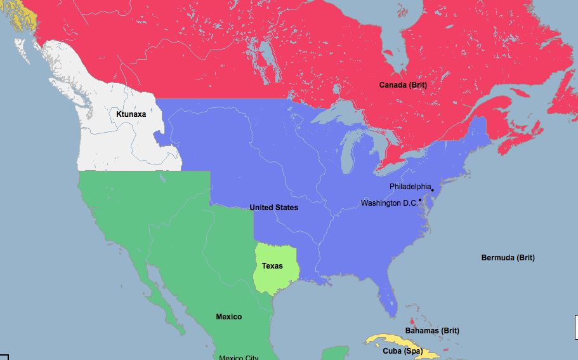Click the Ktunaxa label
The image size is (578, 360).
pyautogui.click(x=131, y=114)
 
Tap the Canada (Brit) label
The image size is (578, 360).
pyautogui.click(x=403, y=84)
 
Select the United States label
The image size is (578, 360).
pyautogui.click(x=273, y=208)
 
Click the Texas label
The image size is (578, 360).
pyautogui.click(x=272, y=265)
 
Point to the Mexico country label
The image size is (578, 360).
pyautogui.click(x=228, y=316)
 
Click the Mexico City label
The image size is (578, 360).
pyautogui.click(x=239, y=357)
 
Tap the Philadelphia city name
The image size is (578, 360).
pyautogui.click(x=410, y=187)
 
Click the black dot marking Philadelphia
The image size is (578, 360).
pyautogui.click(x=432, y=190)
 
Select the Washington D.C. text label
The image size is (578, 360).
pyautogui.click(x=390, y=203)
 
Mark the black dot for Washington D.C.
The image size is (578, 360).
pyautogui.click(x=420, y=200)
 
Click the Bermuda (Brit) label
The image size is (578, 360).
pyautogui.click(x=508, y=258)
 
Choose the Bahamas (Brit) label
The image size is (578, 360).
pyautogui.click(x=432, y=331)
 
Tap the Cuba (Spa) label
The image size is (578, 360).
pyautogui.click(x=402, y=350)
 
